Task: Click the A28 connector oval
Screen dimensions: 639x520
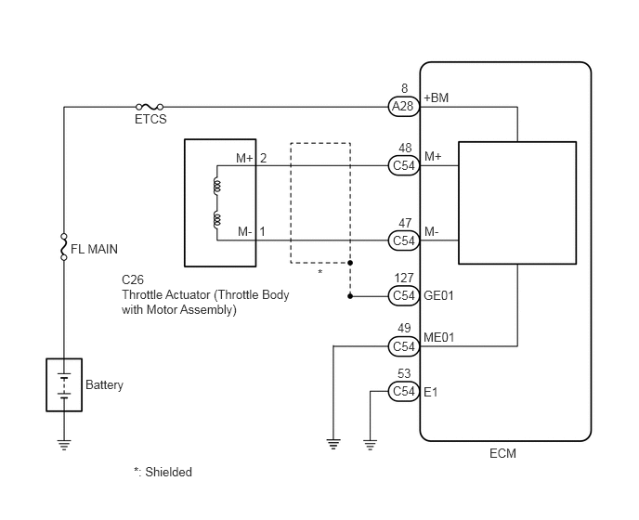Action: (x=403, y=107)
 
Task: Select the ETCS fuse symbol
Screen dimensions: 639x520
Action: (x=150, y=107)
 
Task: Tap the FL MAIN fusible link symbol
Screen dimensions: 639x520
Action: (x=63, y=247)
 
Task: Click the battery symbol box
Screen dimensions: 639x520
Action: (x=64, y=384)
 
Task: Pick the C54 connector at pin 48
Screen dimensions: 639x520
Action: (x=403, y=165)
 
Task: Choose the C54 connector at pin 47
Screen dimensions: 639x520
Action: (x=403, y=240)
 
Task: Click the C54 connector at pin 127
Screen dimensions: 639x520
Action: (x=403, y=295)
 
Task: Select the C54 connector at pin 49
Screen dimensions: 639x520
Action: (x=403, y=346)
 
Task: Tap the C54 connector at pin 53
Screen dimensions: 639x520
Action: (x=403, y=391)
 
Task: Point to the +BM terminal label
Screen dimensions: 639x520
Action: (x=436, y=97)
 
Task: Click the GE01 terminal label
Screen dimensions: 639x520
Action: (x=438, y=295)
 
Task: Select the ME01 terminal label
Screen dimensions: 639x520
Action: (x=439, y=337)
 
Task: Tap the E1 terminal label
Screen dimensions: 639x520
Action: (x=431, y=392)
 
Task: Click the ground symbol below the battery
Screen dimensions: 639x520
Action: (x=64, y=445)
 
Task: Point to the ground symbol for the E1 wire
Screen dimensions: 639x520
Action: (x=370, y=445)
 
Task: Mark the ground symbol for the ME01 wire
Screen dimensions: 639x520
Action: (x=333, y=444)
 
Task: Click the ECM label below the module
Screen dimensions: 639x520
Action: (x=502, y=453)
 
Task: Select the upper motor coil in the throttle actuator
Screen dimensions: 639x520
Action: (x=216, y=187)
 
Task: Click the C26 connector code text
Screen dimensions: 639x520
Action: (x=133, y=280)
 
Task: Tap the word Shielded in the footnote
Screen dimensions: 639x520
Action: (x=169, y=472)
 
